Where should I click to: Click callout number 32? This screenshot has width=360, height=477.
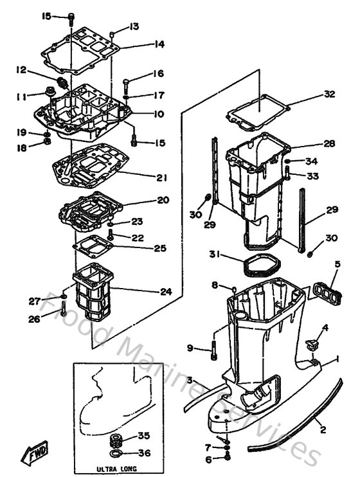click(329, 94)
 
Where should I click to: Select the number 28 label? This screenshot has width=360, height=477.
click(329, 143)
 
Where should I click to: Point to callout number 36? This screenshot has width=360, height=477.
click(144, 453)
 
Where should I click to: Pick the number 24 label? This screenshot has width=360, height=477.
click(166, 291)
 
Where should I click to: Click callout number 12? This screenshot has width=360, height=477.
click(21, 69)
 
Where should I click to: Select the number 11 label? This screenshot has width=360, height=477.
click(21, 96)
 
